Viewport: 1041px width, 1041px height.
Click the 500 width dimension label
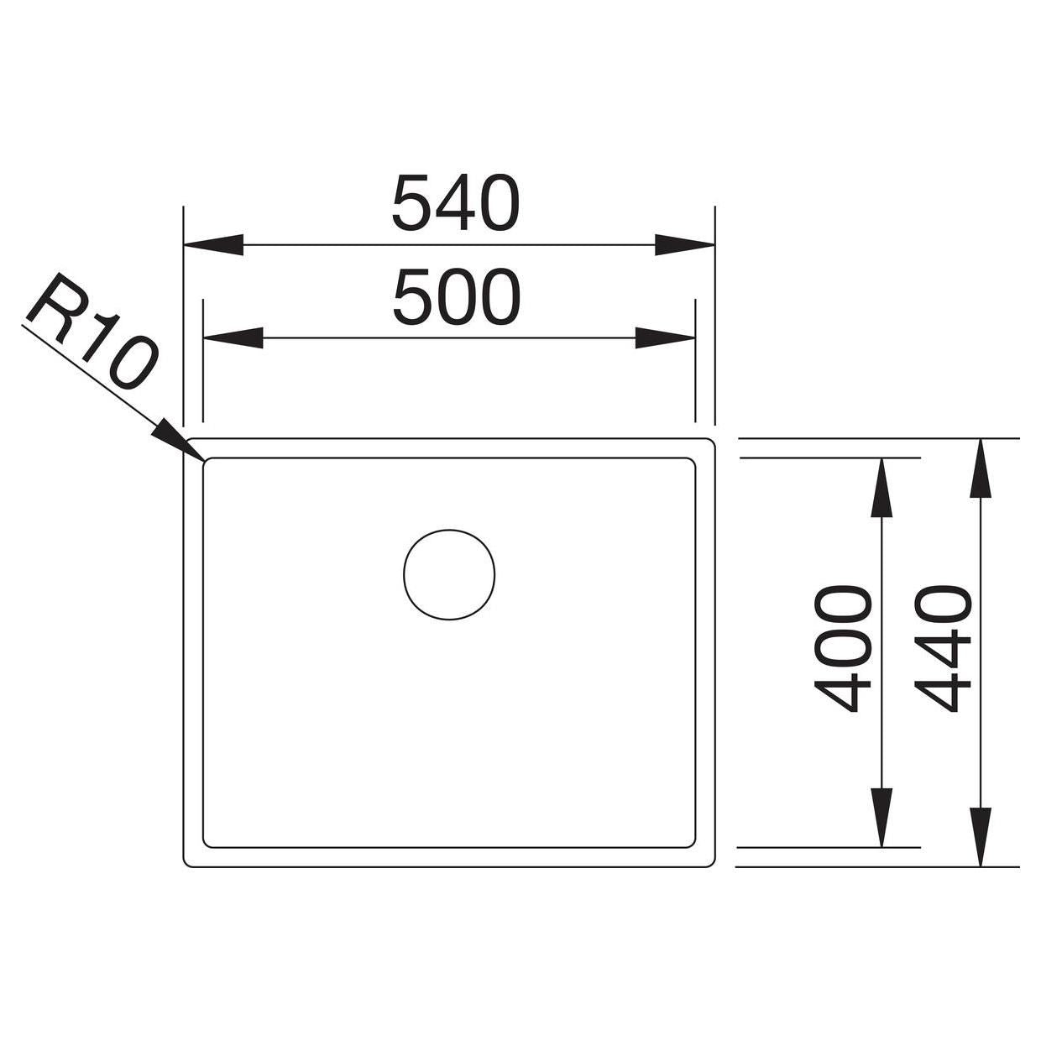(457, 297)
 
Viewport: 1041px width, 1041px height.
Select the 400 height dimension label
(842, 650)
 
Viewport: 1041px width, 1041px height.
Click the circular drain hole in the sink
(449, 574)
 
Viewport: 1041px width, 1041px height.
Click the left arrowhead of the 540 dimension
(213, 244)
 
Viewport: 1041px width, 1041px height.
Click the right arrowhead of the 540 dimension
(684, 244)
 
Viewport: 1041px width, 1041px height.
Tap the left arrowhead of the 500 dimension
(233, 337)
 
